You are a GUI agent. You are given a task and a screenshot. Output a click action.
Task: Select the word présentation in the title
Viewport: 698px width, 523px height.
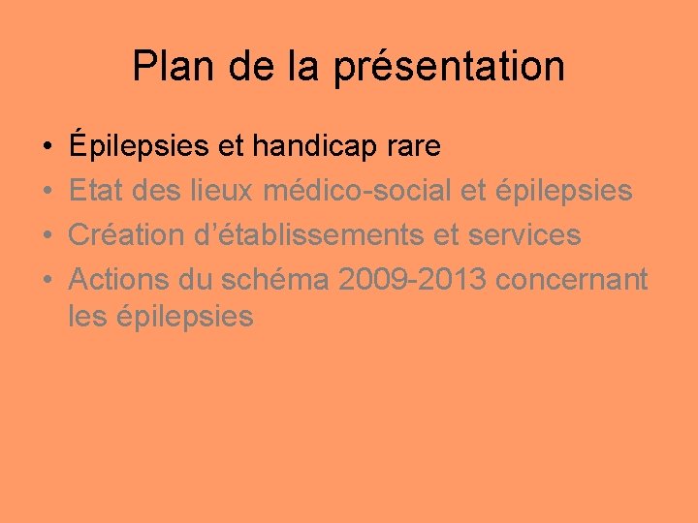tap(449, 67)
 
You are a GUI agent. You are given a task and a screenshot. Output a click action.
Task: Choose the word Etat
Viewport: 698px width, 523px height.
tap(100, 191)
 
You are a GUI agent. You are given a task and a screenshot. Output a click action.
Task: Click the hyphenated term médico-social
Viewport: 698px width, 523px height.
tap(358, 191)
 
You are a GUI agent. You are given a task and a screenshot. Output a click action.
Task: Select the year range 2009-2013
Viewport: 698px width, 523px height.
tap(412, 280)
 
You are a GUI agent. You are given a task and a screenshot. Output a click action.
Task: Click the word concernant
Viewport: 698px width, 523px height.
tap(571, 280)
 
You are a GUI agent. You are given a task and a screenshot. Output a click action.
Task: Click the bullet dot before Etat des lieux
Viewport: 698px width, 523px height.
tap(47, 192)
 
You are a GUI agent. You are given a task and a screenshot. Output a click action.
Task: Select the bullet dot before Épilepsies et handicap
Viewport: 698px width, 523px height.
tap(47, 147)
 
